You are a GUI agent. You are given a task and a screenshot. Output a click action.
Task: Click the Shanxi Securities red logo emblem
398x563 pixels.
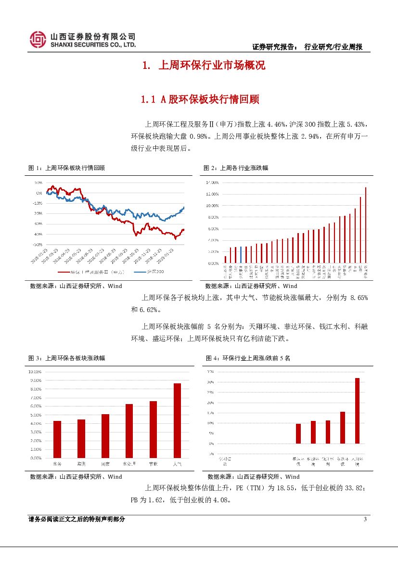click(38, 39)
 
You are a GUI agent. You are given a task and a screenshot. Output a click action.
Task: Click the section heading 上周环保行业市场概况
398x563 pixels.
click(212, 65)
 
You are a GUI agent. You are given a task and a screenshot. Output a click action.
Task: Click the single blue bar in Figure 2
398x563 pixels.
click(241, 255)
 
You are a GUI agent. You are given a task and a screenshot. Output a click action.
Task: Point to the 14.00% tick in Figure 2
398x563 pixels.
click(212, 183)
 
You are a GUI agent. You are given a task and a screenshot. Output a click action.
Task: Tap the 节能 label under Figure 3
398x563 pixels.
click(153, 464)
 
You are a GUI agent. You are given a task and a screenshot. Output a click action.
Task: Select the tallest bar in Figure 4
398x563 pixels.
click(357, 410)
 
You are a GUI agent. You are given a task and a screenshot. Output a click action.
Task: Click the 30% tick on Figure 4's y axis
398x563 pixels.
click(210, 382)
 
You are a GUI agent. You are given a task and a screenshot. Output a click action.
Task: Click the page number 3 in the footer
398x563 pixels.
click(365, 519)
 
